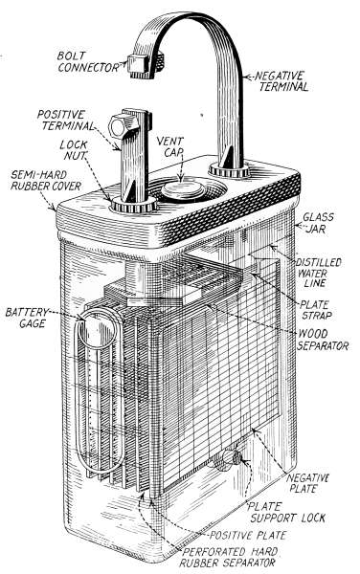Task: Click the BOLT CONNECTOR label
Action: [x=88, y=61]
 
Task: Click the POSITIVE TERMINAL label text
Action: [x=65, y=121]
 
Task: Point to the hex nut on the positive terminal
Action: [x=122, y=126]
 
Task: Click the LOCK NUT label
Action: [x=74, y=150]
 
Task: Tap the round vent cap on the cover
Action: [x=183, y=190]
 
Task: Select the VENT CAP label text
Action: [x=169, y=146]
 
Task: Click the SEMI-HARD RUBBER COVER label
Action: [x=45, y=180]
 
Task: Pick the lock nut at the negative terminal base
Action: [x=229, y=170]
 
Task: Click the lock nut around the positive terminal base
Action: [x=134, y=206]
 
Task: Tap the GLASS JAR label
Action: [x=318, y=223]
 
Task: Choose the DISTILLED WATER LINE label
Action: [x=318, y=273]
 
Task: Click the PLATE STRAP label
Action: [x=315, y=310]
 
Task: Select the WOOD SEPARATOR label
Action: [x=323, y=340]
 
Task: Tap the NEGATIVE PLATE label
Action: [x=307, y=483]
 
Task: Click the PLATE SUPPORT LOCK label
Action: [x=286, y=513]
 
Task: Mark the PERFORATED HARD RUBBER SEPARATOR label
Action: [x=230, y=557]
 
